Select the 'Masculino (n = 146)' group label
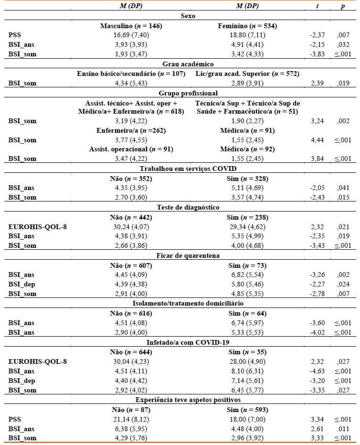[131, 25]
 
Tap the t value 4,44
[317, 140]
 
